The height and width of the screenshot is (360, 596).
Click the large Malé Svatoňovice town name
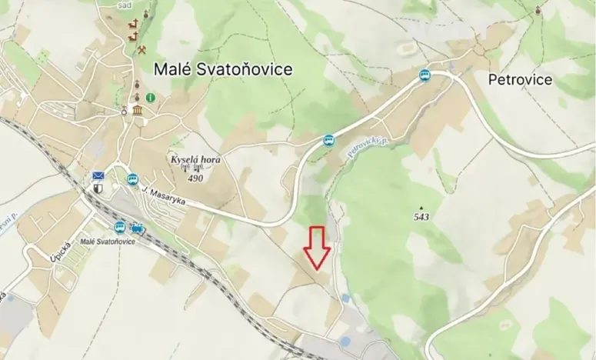click(x=223, y=69)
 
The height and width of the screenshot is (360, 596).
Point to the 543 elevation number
click(x=421, y=218)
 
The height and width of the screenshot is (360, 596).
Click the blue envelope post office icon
click(x=98, y=175)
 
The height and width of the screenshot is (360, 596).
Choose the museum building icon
click(x=138, y=113)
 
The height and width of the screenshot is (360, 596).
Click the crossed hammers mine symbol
click(x=143, y=50)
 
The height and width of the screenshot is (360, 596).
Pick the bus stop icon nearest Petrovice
click(x=425, y=75)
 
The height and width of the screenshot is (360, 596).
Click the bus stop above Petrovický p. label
click(x=329, y=140)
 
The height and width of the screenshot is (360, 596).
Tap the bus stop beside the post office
click(x=132, y=180)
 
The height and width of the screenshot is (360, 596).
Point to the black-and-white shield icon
click(x=98, y=188)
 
